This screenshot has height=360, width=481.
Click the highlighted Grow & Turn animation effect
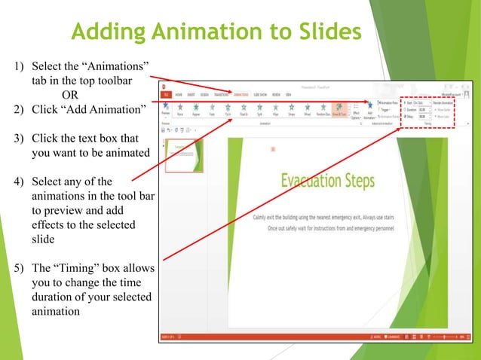(x=339, y=111)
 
